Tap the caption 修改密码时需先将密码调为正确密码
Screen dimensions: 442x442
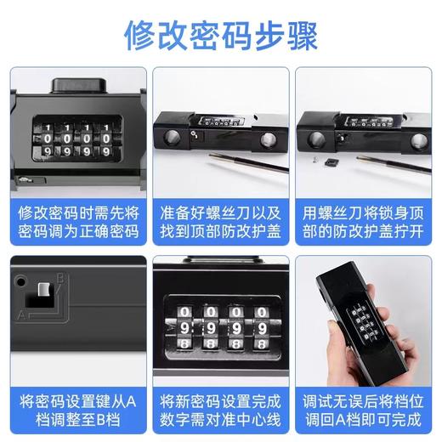(x=75, y=220)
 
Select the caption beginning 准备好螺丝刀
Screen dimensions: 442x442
(x=220, y=220)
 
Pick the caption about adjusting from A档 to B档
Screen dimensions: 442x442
(x=75, y=408)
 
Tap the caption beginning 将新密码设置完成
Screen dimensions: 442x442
(x=220, y=408)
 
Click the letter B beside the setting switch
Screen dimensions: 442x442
(x=59, y=278)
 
